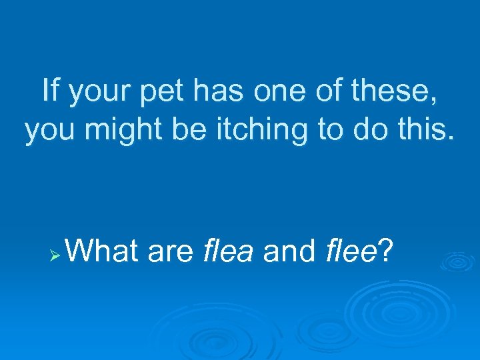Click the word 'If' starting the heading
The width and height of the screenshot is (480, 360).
[x=49, y=90]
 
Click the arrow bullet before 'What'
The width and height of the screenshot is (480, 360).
[x=57, y=256]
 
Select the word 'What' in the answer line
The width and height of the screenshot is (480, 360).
[x=103, y=252]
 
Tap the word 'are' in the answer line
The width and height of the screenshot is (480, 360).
[x=170, y=253]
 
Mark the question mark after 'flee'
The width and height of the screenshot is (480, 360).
[x=385, y=252]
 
